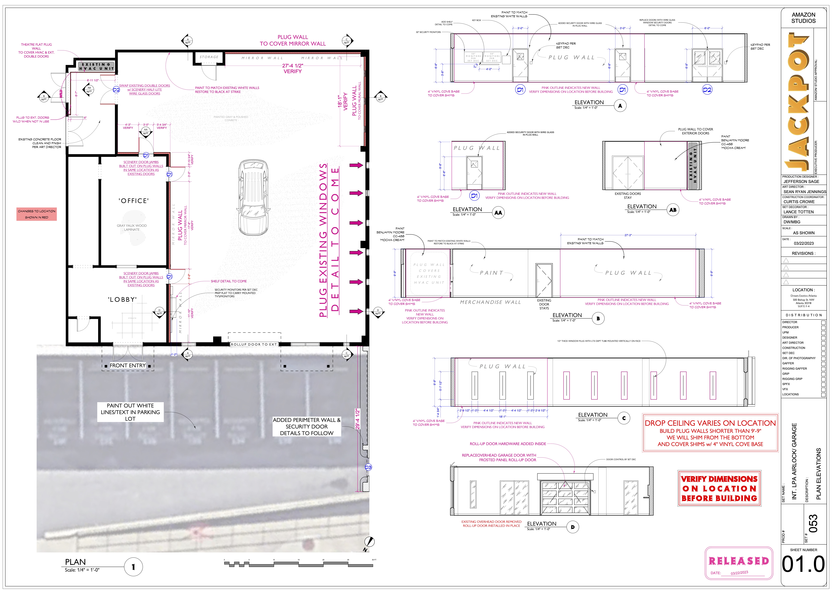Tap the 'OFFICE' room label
[x=134, y=201]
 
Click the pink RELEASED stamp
[x=739, y=561]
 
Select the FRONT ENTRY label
[x=128, y=365]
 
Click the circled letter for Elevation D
[x=573, y=527]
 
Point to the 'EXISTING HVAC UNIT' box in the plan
[x=97, y=66]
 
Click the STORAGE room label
[x=209, y=57]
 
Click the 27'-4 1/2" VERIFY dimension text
[x=293, y=68]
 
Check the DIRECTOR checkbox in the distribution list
[x=823, y=322]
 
